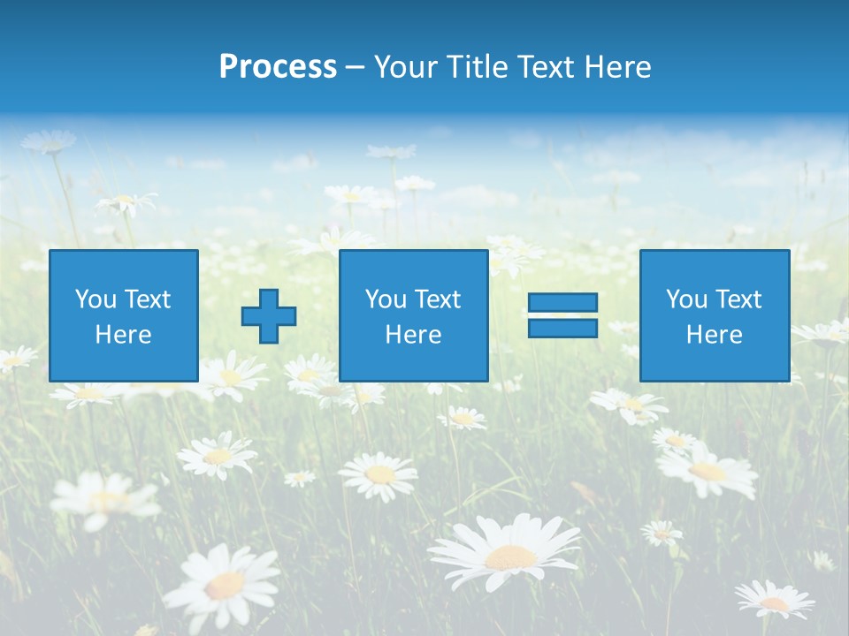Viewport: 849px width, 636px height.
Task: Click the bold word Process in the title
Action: (x=278, y=67)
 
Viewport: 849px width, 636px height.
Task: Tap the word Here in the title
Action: (x=618, y=67)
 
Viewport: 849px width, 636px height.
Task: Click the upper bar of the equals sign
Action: (x=562, y=303)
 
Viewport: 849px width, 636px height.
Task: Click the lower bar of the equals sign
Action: (x=562, y=328)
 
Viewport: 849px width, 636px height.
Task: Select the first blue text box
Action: (x=123, y=315)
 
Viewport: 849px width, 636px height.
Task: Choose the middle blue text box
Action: (x=413, y=315)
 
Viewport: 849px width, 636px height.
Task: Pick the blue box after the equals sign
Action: (x=714, y=315)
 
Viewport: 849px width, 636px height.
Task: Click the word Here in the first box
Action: (x=123, y=335)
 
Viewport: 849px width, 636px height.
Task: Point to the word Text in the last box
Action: (x=738, y=299)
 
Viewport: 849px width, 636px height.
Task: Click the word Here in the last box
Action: (x=714, y=335)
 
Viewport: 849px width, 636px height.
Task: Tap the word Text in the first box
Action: (x=148, y=299)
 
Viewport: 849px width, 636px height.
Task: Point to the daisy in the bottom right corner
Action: (x=774, y=601)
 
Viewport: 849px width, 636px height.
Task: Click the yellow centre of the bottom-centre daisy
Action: (x=510, y=557)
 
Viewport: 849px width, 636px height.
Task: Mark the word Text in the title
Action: (x=545, y=67)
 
